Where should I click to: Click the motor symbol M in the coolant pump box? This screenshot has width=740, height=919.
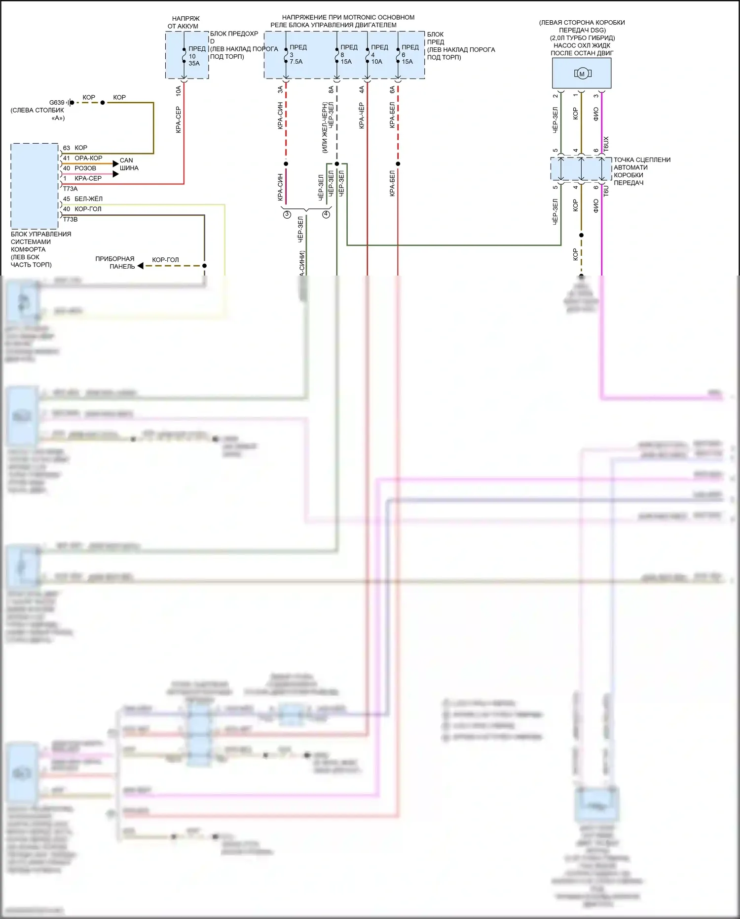pos(582,74)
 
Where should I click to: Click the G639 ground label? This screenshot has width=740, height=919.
pos(57,103)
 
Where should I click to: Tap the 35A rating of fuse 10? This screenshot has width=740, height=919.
pos(194,64)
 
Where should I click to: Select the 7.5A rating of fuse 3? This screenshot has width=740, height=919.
pos(296,62)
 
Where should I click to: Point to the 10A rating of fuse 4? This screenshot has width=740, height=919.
pos(377,62)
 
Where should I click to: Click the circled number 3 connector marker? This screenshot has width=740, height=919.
pos(287,214)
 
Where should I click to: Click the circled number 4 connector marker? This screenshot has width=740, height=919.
pos(326,214)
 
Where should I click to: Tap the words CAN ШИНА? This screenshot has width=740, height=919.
pos(129,164)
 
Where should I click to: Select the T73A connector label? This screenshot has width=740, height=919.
pos(70,189)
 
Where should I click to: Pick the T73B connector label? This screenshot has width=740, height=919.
pos(70,219)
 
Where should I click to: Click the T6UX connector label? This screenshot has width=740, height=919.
pos(606,144)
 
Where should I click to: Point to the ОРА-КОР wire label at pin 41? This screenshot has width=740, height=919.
pos(88,158)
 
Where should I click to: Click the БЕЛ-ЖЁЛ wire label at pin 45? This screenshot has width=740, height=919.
pos(88,199)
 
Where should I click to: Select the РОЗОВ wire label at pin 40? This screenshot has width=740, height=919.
pos(85,168)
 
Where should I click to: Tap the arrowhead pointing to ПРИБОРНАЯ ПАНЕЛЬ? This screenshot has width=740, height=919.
pos(141,266)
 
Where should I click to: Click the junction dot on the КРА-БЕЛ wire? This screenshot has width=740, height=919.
pos(398,163)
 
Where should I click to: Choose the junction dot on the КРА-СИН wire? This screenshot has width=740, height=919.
pos(286,163)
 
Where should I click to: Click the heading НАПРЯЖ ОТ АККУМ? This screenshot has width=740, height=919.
pos(184,22)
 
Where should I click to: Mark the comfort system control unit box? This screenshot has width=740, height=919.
pos(35,186)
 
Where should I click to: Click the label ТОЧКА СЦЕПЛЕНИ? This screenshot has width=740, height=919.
pos(642,160)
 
